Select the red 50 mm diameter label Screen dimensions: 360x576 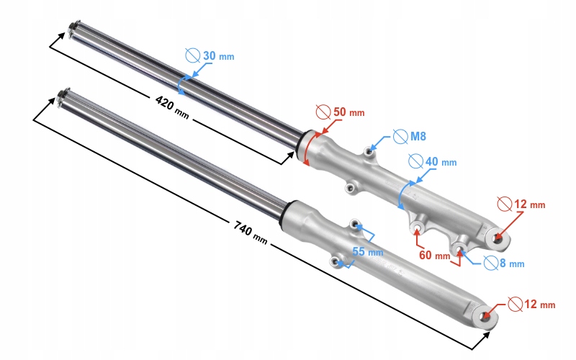click(348, 112)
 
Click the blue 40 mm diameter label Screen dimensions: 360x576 click(441, 162)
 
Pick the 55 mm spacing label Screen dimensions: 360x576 click(368, 252)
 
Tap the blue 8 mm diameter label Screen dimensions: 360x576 click(510, 264)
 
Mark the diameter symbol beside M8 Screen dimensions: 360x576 click(400, 135)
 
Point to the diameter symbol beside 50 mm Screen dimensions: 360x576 click(324, 112)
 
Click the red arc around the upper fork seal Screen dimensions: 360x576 click(307, 148)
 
